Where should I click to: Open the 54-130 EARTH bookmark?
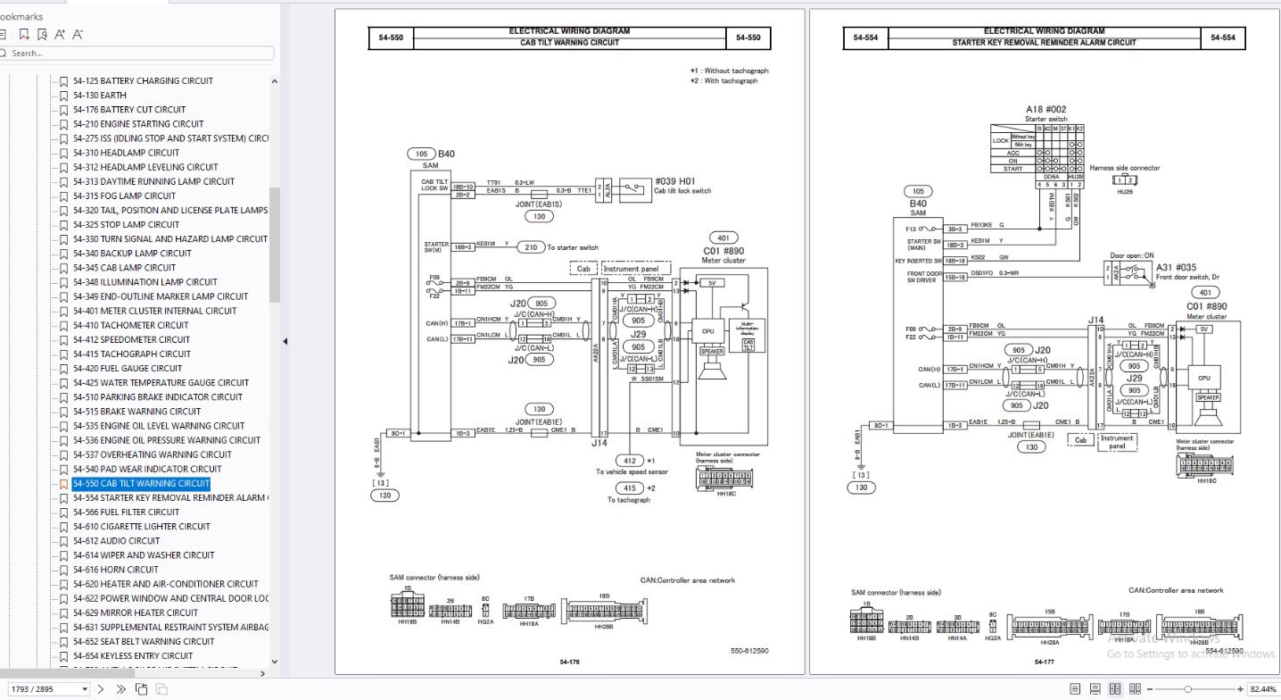click(x=99, y=96)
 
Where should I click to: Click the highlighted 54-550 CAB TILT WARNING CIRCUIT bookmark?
click(x=142, y=483)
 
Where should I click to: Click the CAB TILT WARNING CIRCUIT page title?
click(x=569, y=42)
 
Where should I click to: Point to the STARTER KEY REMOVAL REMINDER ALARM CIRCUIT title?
click(x=1044, y=42)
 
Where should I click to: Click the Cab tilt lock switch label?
click(x=682, y=190)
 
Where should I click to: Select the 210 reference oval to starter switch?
click(x=531, y=247)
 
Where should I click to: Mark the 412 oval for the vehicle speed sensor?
click(x=630, y=461)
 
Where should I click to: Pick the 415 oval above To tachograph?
click(x=630, y=488)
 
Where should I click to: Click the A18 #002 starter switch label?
click(x=1045, y=114)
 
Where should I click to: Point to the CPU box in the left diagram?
click(x=707, y=331)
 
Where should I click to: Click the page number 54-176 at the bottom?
click(x=569, y=662)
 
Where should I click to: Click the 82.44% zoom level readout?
click(x=1262, y=689)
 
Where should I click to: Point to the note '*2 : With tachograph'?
click(x=723, y=81)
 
